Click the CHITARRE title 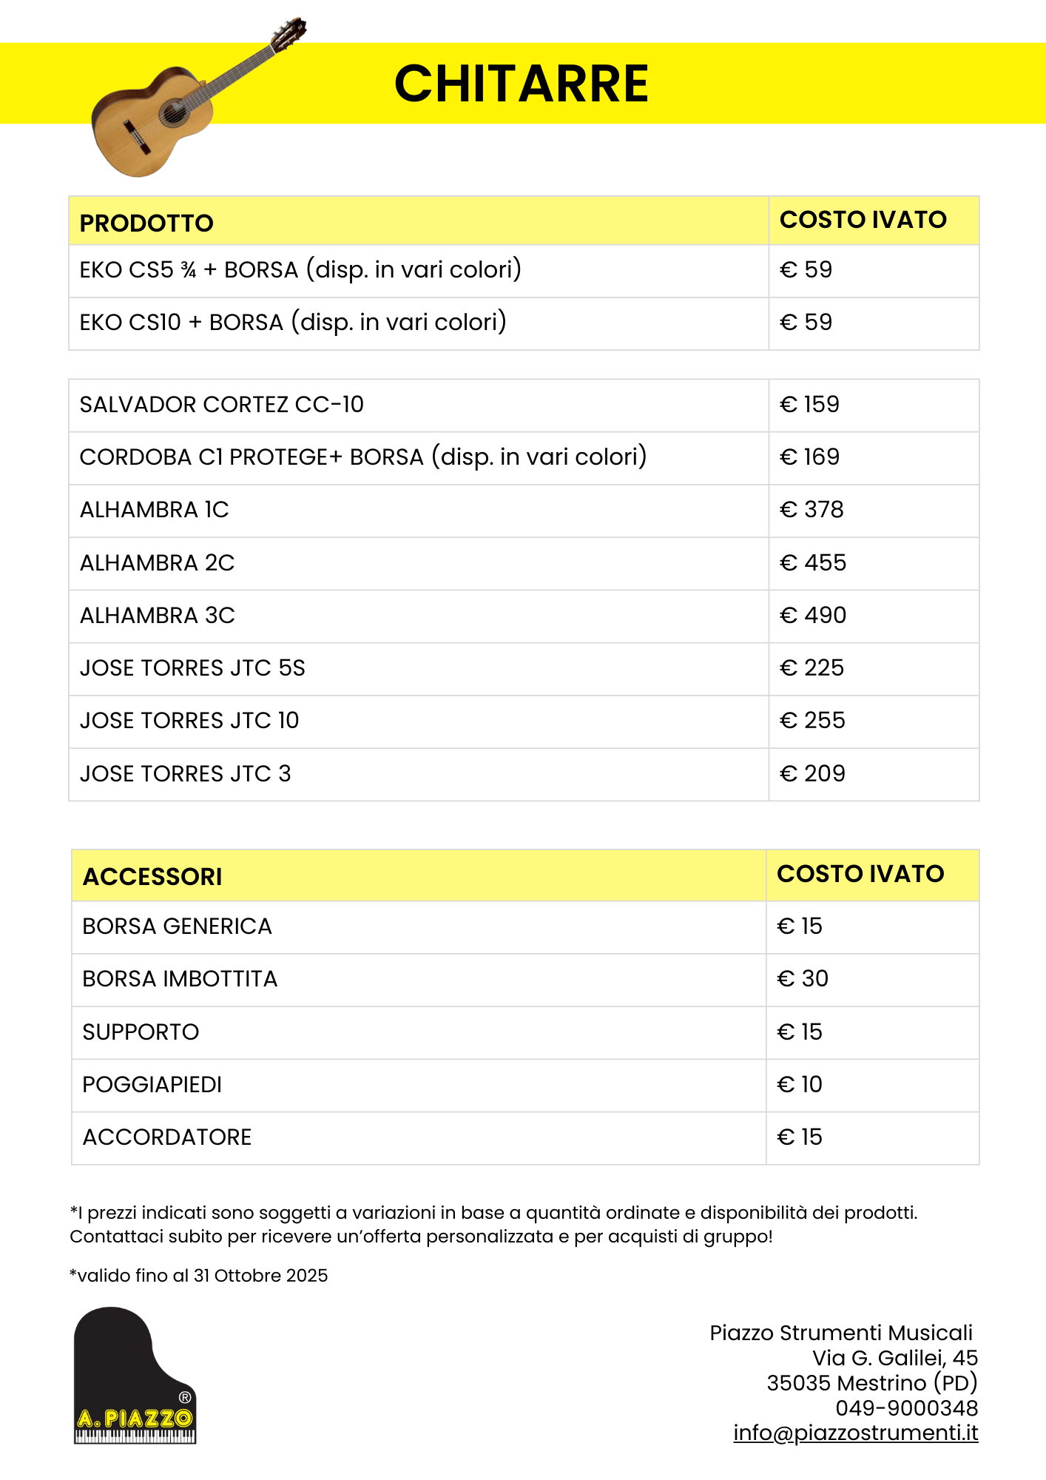522,83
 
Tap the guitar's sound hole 175,112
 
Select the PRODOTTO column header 146,223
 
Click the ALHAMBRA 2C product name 157,563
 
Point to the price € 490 812,616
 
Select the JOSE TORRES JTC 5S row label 192,668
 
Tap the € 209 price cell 812,774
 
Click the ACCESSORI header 152,877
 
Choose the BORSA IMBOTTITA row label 180,979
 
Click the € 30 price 803,979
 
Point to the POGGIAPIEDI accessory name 152,1085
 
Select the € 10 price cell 800,1085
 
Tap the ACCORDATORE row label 167,1137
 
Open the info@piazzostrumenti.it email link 856,1433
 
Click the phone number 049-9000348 907,1408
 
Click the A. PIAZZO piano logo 135,1376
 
